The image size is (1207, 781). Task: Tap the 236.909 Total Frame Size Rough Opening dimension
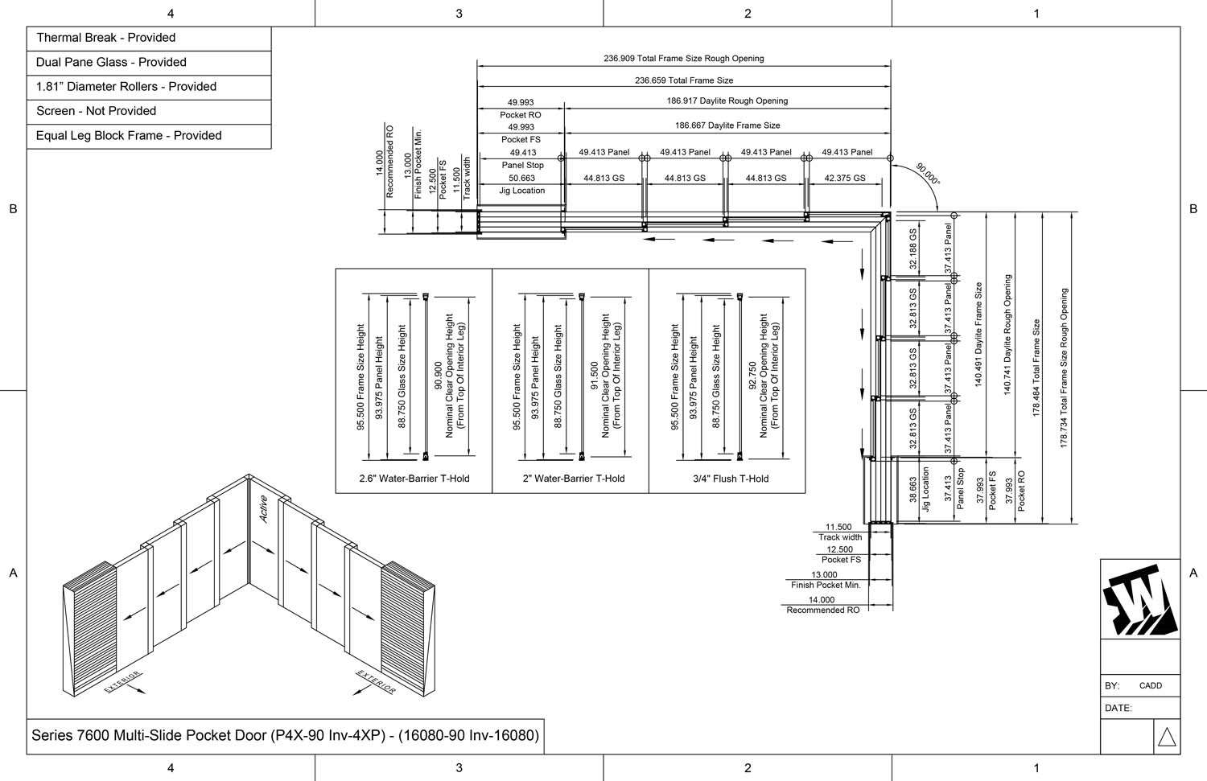click(x=683, y=59)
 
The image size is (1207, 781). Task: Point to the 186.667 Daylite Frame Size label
click(x=727, y=125)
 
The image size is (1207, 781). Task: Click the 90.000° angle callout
click(x=927, y=175)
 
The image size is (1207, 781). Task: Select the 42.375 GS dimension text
click(x=845, y=179)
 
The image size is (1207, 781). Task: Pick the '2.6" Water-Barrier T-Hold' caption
click(x=414, y=479)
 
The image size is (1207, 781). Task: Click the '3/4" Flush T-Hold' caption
click(x=731, y=479)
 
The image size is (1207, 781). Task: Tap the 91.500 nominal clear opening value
click(x=595, y=376)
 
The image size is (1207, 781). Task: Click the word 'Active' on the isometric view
click(x=263, y=509)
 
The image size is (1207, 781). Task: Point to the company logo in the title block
click(x=1139, y=600)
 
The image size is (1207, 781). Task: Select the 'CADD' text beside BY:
click(x=1150, y=686)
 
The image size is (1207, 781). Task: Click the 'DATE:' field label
click(x=1118, y=709)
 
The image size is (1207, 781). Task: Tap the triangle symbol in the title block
click(x=1166, y=737)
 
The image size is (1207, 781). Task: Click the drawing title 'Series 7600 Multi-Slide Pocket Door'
click(x=285, y=735)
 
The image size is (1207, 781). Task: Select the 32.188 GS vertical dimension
click(x=913, y=249)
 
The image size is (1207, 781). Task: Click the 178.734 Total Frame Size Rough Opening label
click(x=1064, y=368)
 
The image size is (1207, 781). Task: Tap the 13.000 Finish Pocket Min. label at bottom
click(x=825, y=580)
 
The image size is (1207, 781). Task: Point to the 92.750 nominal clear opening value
click(x=752, y=376)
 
